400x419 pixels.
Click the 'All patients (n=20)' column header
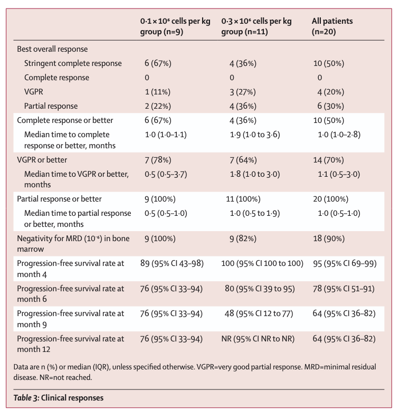[332, 26]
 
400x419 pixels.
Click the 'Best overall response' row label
[52, 49]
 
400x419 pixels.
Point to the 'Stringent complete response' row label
[73, 63]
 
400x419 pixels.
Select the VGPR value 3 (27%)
[239, 92]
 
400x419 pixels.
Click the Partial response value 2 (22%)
[158, 106]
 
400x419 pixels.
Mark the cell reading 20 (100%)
[331, 199]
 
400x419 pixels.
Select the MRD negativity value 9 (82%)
[239, 238]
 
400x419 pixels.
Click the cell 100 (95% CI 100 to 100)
[262, 263]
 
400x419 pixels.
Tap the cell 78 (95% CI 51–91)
[344, 289]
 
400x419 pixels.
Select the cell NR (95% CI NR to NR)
[258, 338]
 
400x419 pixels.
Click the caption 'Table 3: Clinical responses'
[59, 398]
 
